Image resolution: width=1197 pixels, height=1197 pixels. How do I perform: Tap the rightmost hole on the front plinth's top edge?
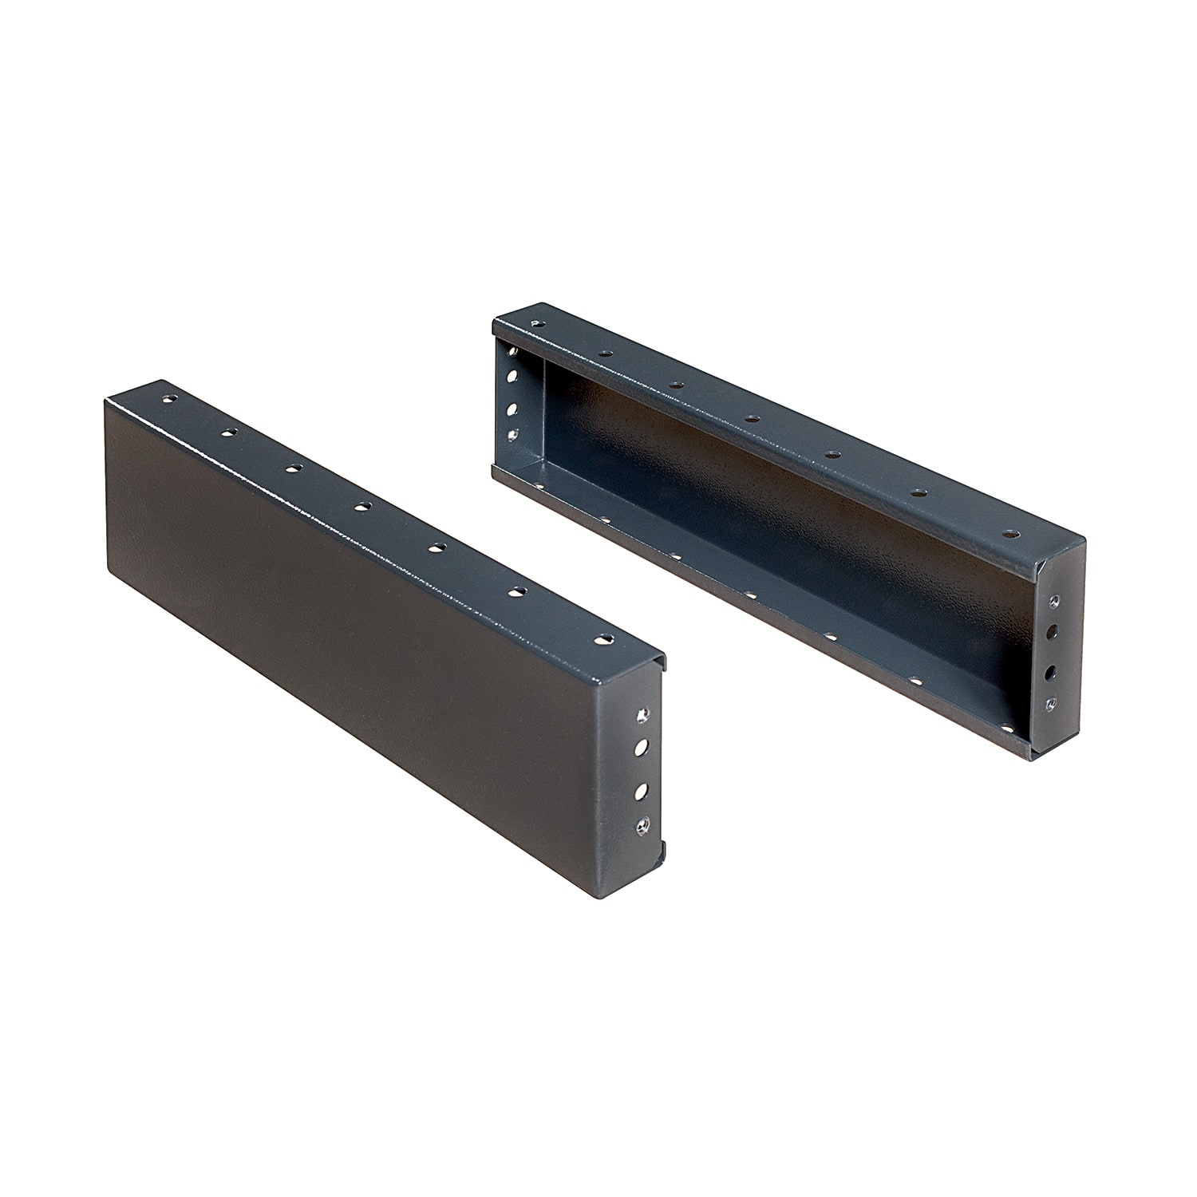[x=607, y=639]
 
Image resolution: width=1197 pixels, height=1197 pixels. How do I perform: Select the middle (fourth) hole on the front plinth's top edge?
[x=362, y=506]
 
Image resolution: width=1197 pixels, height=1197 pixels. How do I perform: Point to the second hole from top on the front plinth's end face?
[x=640, y=748]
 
